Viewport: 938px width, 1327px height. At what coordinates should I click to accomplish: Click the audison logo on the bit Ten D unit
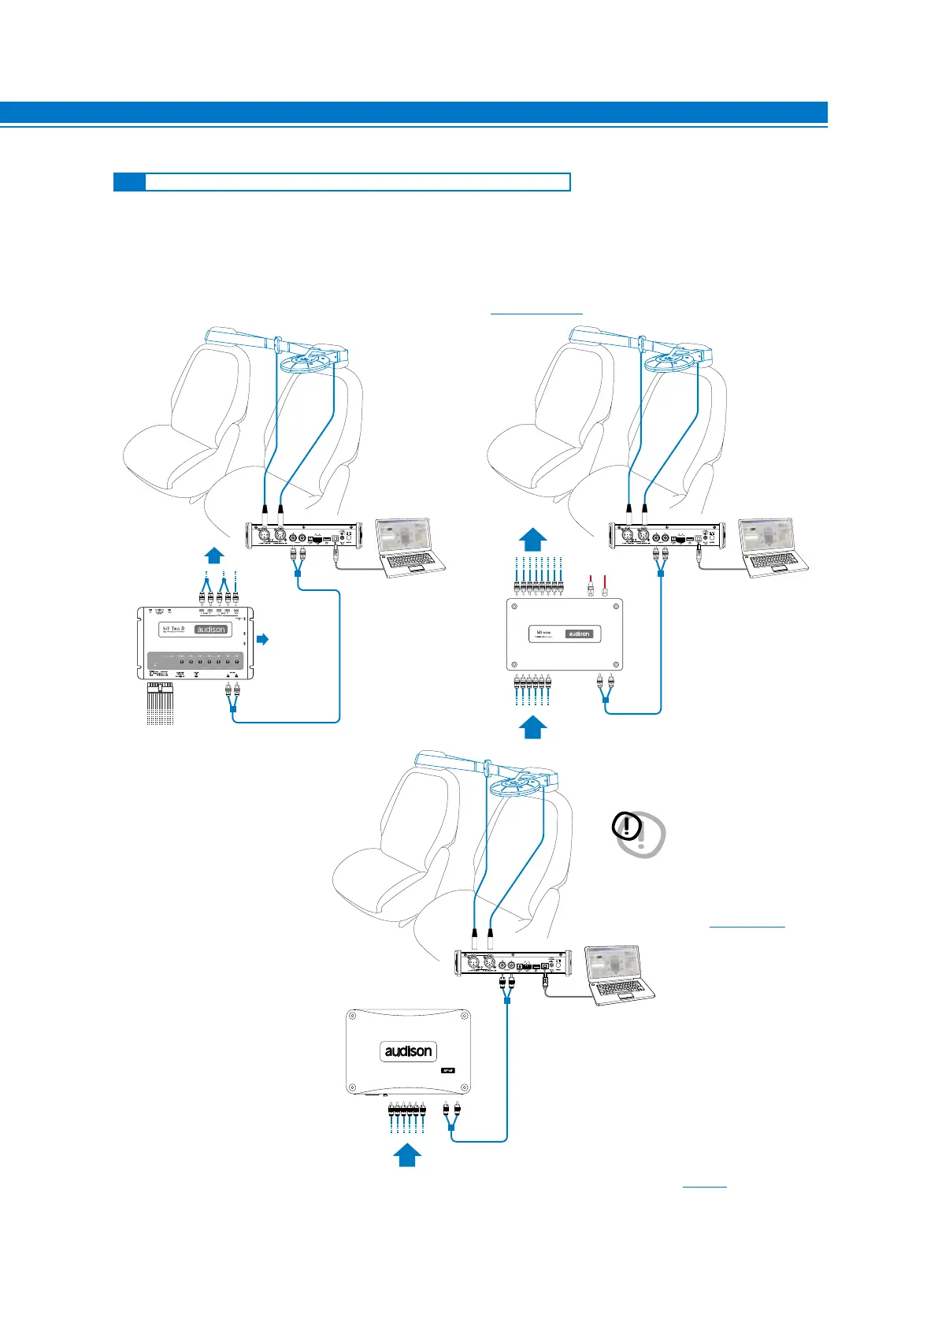click(x=211, y=630)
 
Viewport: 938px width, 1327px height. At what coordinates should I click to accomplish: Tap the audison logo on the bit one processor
click(x=580, y=634)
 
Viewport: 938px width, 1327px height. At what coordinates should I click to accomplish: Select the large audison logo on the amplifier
click(x=408, y=1051)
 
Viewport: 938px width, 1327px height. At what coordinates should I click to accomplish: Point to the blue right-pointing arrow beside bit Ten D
click(x=263, y=639)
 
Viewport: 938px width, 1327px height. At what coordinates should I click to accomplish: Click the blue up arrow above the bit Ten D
click(x=214, y=556)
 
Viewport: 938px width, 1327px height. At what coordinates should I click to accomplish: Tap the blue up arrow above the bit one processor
click(x=533, y=540)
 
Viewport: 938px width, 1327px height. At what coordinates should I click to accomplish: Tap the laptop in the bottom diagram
click(x=619, y=974)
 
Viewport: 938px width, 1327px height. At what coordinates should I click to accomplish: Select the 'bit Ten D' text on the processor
click(x=173, y=629)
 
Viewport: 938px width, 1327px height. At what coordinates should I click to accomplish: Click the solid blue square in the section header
click(x=129, y=182)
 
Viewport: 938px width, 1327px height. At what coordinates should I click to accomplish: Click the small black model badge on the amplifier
click(x=447, y=1072)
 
